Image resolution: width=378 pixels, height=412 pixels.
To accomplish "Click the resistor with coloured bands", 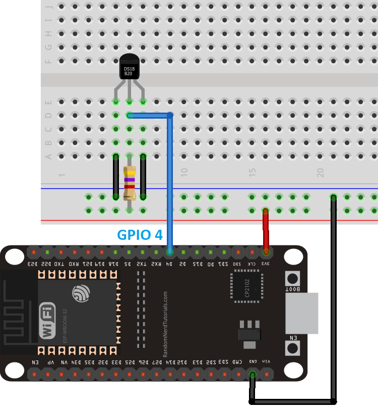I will pyautogui.click(x=130, y=183).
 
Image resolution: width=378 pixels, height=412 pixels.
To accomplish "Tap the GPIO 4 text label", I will pyautogui.click(x=140, y=235).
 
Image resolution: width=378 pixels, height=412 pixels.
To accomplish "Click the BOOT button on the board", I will pyautogui.click(x=292, y=278).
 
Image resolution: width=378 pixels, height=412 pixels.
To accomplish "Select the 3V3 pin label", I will pyautogui.click(x=265, y=264).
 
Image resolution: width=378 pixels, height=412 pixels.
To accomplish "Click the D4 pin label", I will pyautogui.click(x=170, y=264).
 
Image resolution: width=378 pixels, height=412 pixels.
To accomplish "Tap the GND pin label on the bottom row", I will pyautogui.click(x=252, y=362).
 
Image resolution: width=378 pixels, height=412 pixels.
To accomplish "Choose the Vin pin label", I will pyautogui.click(x=266, y=362).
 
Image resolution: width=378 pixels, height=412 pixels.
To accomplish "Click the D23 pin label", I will pyautogui.click(x=33, y=264).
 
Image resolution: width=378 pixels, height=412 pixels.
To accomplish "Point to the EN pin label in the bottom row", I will pyautogui.click(x=34, y=362).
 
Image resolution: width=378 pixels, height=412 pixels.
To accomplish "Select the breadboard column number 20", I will pyautogui.click(x=320, y=172).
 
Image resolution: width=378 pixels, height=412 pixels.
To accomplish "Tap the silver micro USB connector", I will pyautogui.click(x=302, y=313).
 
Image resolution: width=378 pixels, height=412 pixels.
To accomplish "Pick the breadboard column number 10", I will pyautogui.click(x=184, y=172).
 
